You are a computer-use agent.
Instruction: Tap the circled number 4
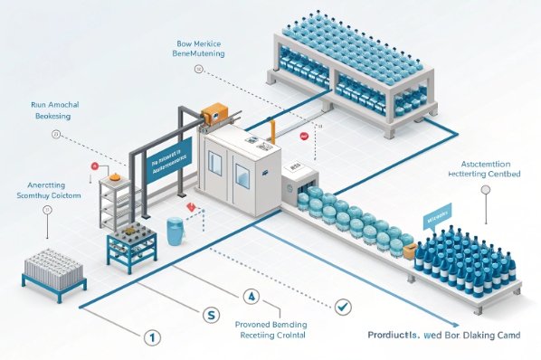click(x=252, y=296)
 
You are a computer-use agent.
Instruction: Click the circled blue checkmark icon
click(x=341, y=308)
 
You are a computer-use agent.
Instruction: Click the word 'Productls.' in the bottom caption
click(x=394, y=335)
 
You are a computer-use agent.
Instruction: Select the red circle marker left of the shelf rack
click(x=93, y=166)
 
